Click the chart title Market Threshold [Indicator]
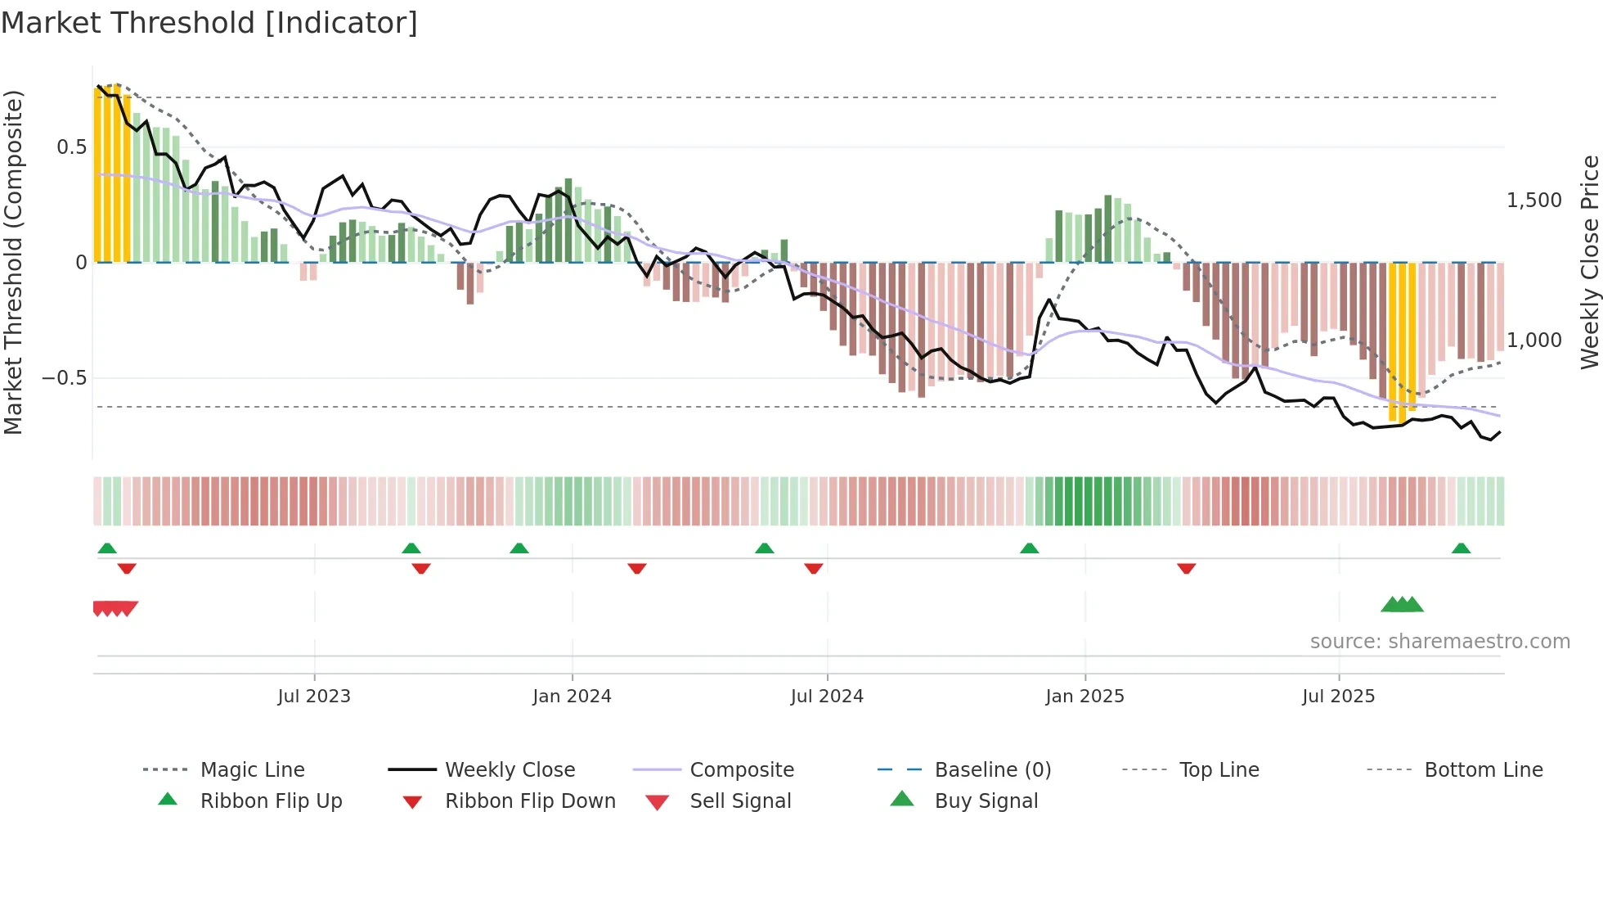coord(209,23)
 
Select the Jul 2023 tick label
coord(314,697)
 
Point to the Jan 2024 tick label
coord(572,697)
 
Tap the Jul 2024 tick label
coord(827,697)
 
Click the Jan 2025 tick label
coord(1084,697)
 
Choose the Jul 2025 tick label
coord(1339,697)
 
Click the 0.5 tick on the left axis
coord(71,147)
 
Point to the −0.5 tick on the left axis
coord(65,378)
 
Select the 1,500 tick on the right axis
coord(1534,201)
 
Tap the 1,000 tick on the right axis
coord(1534,341)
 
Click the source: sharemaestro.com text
coord(1439,642)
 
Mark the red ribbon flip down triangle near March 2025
coord(1187,569)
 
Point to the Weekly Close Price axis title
coord(1589,262)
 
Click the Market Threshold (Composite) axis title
coord(14,262)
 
